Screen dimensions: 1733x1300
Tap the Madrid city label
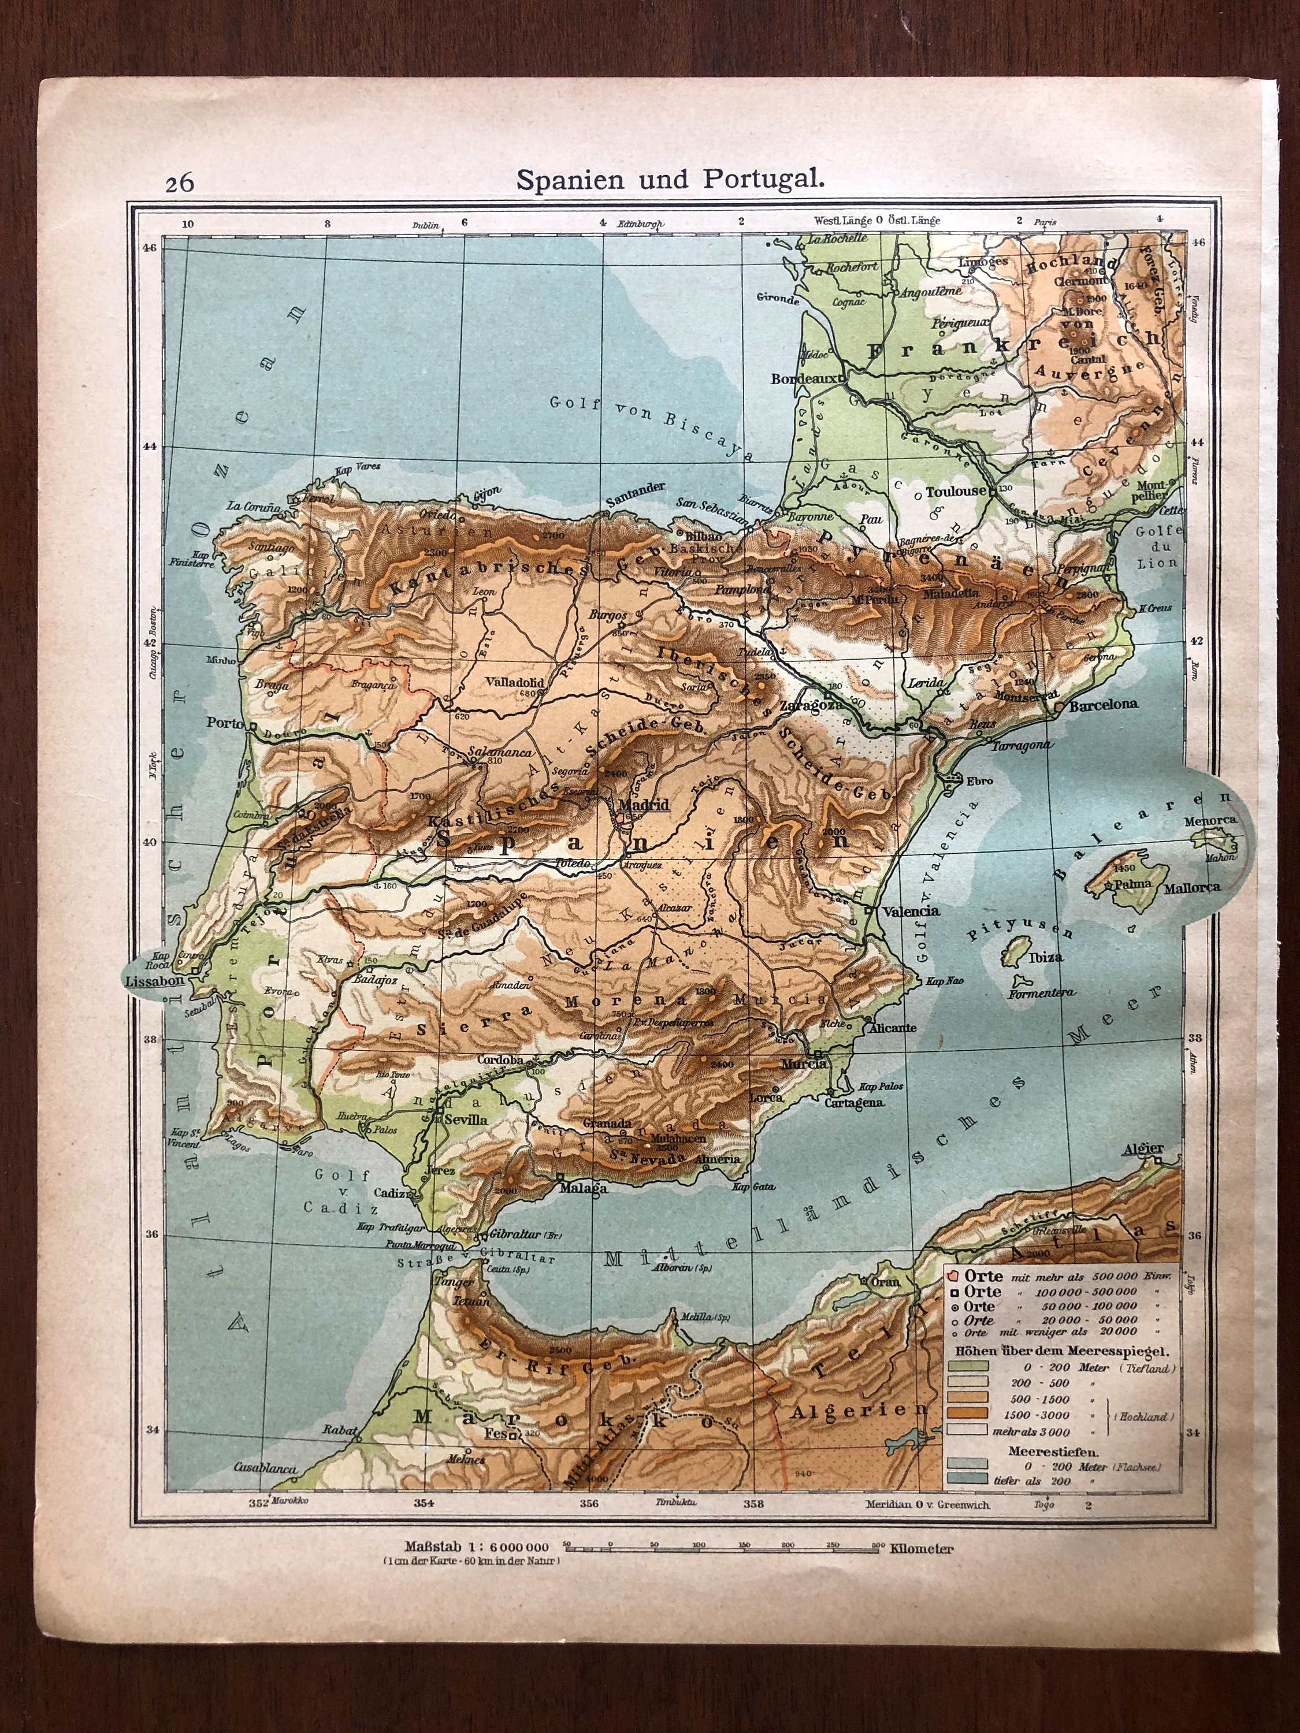pyautogui.click(x=643, y=805)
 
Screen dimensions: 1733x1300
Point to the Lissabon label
pyautogui.click(x=154, y=981)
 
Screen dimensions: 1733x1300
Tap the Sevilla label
pyautogui.click(x=466, y=1120)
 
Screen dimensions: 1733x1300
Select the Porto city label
pyautogui.click(x=225, y=723)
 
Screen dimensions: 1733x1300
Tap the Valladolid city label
pyautogui.click(x=514, y=682)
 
